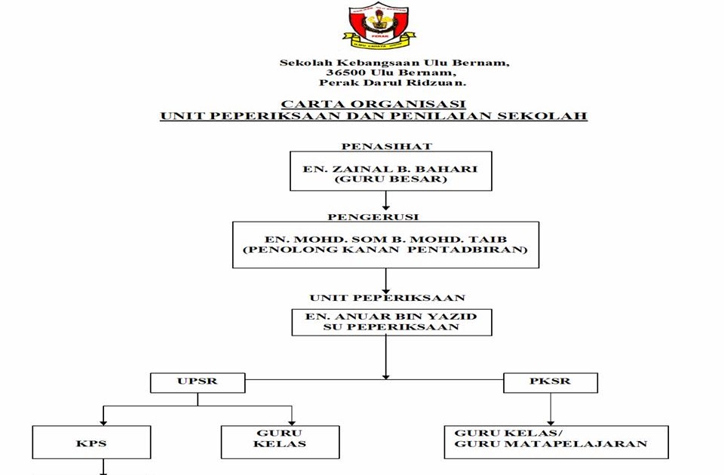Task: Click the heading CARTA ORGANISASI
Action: pos(373,104)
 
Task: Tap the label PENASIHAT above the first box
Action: pos(387,146)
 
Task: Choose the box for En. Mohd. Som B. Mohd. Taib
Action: pos(385,244)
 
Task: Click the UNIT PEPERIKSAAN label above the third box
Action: pos(387,298)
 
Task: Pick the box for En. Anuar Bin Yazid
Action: pos(391,322)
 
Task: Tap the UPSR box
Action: pos(198,382)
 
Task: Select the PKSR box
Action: pos(550,382)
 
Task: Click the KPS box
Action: pos(91,443)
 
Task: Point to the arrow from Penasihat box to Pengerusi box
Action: pos(386,201)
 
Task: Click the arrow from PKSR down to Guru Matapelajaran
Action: pos(550,409)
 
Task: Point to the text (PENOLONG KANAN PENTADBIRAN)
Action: pos(385,250)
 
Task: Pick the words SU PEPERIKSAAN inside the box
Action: pos(391,328)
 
